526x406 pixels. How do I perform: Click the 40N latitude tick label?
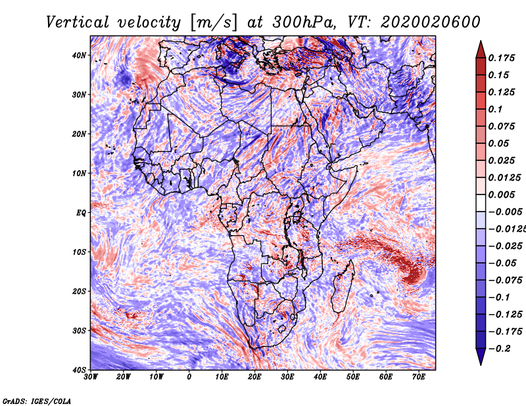coord(79,55)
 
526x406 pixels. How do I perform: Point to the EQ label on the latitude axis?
coord(81,213)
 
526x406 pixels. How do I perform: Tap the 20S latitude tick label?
coord(79,291)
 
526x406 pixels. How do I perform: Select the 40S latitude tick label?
coord(79,370)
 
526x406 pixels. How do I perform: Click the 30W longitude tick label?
coord(91,377)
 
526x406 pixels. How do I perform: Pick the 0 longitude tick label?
coord(189,377)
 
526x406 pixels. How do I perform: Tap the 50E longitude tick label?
coord(353,377)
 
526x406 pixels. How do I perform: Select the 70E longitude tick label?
coord(419,377)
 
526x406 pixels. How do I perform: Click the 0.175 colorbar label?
coord(502,58)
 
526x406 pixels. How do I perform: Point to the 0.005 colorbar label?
coord(502,194)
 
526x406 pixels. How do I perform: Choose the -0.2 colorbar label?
coord(500,348)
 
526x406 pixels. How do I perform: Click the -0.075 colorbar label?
coord(505,280)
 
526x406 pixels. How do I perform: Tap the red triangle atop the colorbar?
coord(481,50)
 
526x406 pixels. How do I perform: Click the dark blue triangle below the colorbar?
coord(481,357)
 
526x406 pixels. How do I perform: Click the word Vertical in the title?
coord(78,22)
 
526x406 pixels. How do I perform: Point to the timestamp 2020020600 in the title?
coord(431,22)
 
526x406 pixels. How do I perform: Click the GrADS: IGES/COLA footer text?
coord(37,401)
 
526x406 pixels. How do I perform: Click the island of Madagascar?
coord(343,287)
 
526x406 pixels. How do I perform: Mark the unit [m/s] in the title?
coord(215,22)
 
